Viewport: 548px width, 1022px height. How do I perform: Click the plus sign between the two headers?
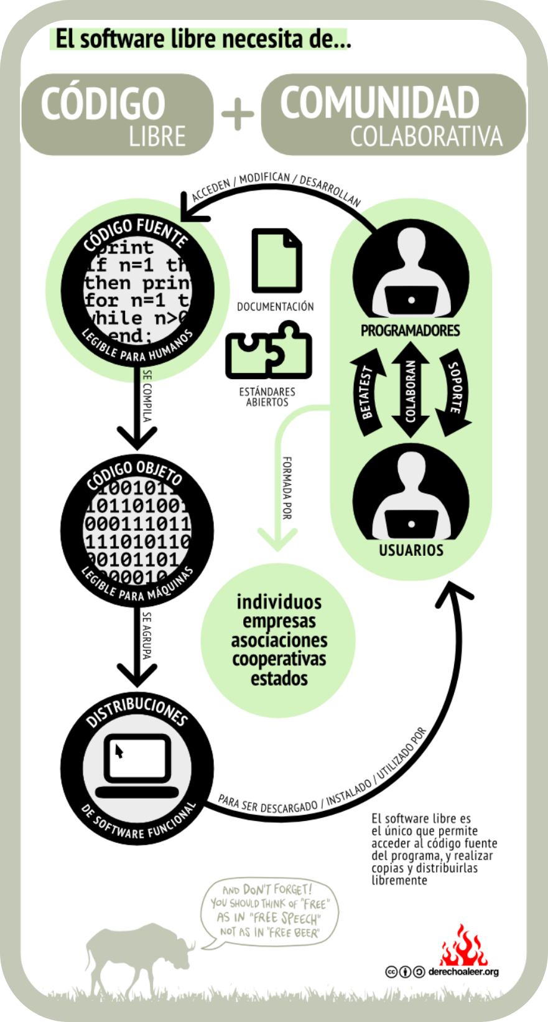click(x=238, y=115)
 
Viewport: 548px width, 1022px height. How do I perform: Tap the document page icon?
click(x=276, y=261)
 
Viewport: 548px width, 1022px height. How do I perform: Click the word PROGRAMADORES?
click(x=411, y=331)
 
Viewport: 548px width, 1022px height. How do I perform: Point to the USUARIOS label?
click(x=411, y=550)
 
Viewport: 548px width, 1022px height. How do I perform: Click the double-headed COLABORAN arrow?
click(x=411, y=390)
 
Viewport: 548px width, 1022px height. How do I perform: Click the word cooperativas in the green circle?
click(x=279, y=659)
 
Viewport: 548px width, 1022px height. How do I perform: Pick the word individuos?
click(x=279, y=602)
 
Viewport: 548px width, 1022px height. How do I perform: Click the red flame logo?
click(x=463, y=947)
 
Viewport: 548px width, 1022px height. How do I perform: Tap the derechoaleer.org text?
click(x=463, y=972)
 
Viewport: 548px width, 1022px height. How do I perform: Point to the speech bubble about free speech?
click(x=269, y=911)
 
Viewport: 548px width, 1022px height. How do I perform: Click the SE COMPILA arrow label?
click(x=147, y=396)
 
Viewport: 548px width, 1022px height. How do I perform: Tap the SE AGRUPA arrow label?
click(x=147, y=635)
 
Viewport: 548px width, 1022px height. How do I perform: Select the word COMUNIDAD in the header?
click(x=379, y=102)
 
